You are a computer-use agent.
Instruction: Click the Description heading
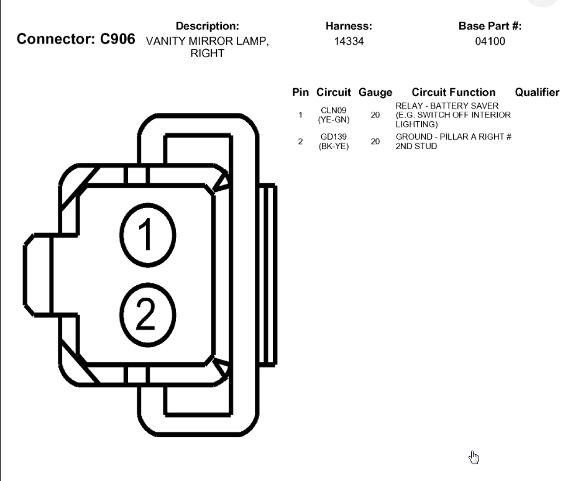tap(207, 26)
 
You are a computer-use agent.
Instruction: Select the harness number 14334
tap(349, 42)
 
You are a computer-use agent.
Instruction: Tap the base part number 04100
tap(490, 42)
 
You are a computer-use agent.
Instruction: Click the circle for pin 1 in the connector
tap(147, 235)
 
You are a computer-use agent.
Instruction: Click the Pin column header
tap(300, 93)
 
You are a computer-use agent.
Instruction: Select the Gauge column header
tap(375, 93)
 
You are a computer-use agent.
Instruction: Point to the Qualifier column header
tap(538, 93)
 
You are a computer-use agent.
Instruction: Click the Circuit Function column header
tap(454, 93)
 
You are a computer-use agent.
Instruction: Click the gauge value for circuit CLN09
tap(375, 115)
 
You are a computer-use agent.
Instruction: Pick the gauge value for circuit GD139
tap(375, 142)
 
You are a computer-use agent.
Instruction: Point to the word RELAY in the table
tap(408, 106)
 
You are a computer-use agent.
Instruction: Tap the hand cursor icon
tap(474, 458)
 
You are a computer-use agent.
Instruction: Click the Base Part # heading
tap(490, 26)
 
